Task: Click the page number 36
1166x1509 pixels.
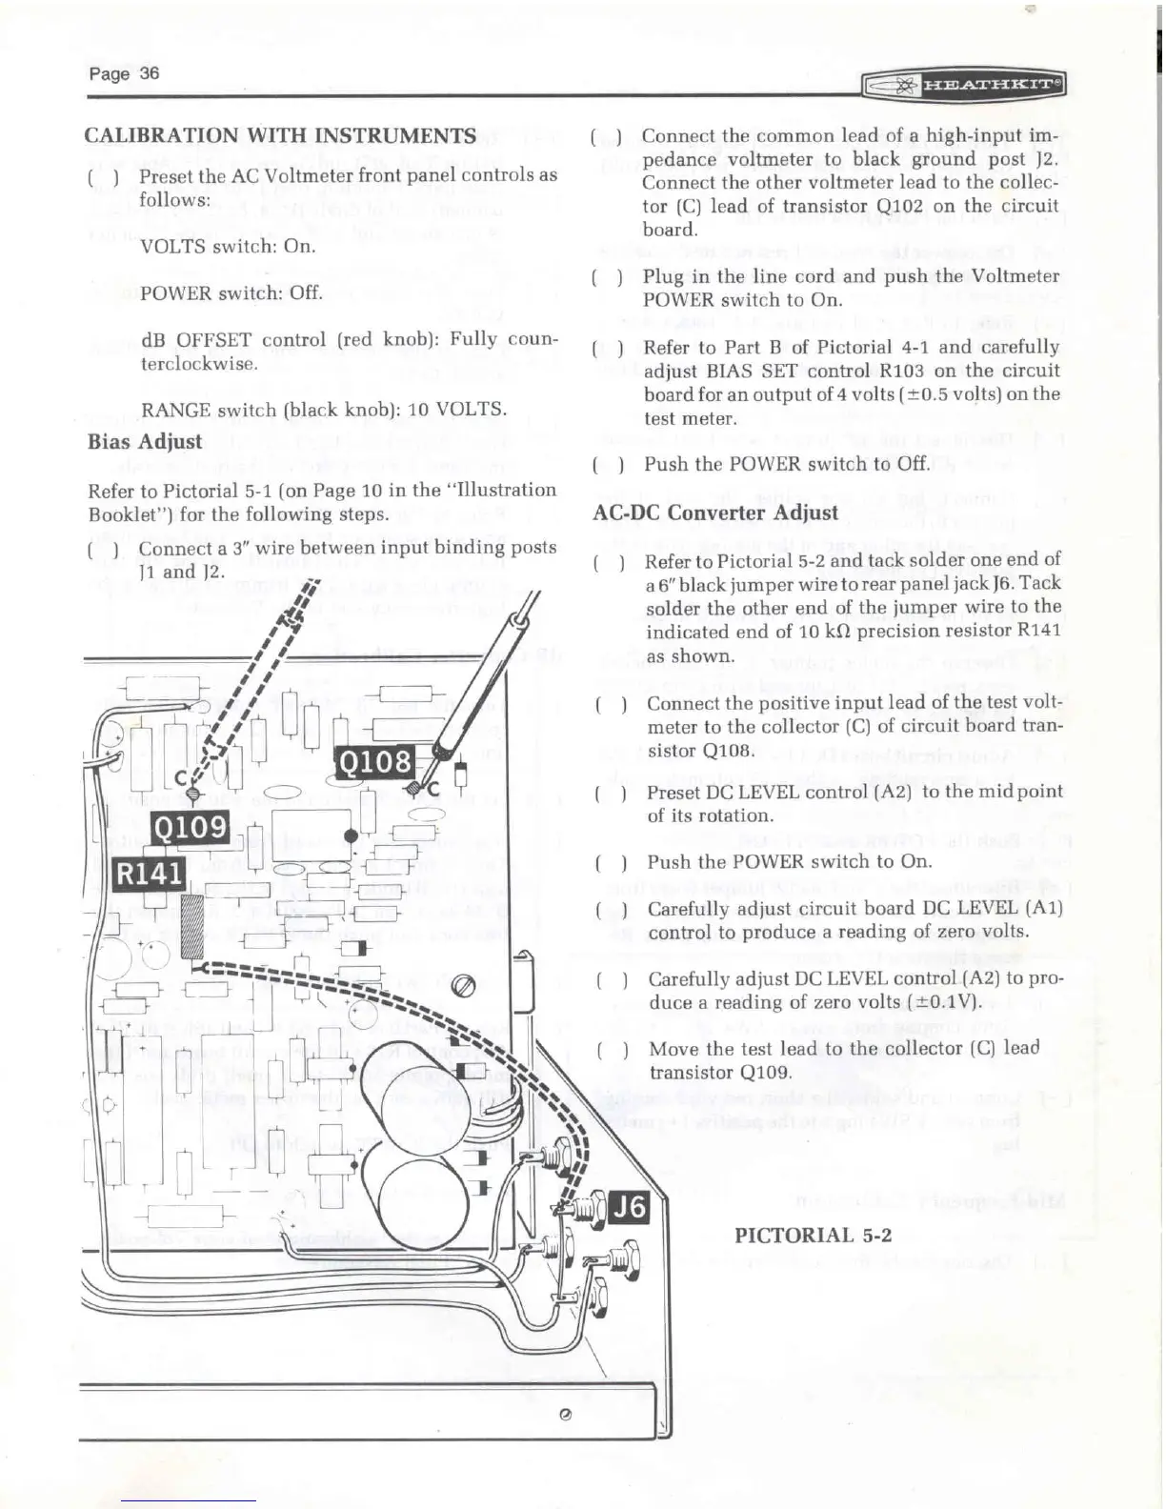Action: coord(124,73)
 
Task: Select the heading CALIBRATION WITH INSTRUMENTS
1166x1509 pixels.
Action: coord(281,135)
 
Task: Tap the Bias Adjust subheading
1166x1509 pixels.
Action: coord(145,441)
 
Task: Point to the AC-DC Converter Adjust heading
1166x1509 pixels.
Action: coord(715,512)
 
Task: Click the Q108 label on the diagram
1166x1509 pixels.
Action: coord(377,762)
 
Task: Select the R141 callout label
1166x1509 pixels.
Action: coord(149,873)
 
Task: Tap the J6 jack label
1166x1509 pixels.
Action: coord(629,1208)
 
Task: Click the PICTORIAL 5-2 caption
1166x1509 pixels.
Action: coord(813,1235)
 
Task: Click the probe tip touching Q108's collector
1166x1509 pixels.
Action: coord(414,789)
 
